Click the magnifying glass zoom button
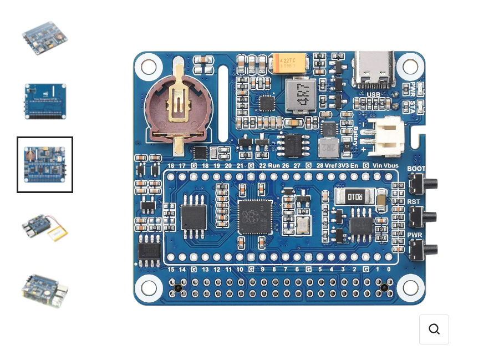coord(434,329)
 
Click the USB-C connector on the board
coord(375,69)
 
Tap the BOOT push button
coord(421,183)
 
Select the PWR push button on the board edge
coord(421,249)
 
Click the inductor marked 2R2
coord(328,147)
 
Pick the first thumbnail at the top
coord(45,38)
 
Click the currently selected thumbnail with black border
coord(45,165)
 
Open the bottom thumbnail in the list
coord(45,290)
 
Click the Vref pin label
coord(332,166)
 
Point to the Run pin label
coord(274,166)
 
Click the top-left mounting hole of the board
coord(149,67)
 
